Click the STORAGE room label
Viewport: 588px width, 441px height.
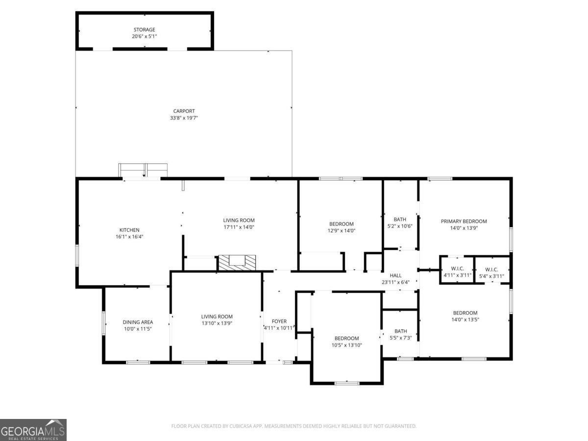click(x=144, y=30)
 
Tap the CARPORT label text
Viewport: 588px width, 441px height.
click(x=184, y=111)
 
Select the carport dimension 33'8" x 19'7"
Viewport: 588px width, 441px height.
click(x=184, y=118)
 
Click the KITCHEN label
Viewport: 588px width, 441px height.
click(x=129, y=230)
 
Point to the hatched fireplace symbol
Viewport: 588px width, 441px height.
click(x=237, y=263)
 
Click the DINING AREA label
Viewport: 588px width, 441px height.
click(x=138, y=322)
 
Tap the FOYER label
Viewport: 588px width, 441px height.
click(x=279, y=321)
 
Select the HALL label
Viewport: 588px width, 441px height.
click(x=395, y=275)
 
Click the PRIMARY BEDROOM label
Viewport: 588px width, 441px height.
click(x=464, y=221)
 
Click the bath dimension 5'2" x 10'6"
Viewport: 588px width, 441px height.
click(x=400, y=226)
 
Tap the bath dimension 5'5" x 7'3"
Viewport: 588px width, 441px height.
click(x=400, y=338)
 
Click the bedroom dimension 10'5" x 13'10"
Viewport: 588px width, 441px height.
click(x=346, y=345)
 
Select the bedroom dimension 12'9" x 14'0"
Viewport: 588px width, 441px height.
click(x=341, y=230)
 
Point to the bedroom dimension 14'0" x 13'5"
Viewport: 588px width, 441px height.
click(x=465, y=319)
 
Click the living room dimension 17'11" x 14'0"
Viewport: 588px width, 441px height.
click(x=239, y=227)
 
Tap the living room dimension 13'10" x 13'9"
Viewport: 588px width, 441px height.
click(x=217, y=323)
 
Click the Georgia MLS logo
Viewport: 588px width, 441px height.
click(x=33, y=430)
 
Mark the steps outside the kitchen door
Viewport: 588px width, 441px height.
click(x=143, y=170)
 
